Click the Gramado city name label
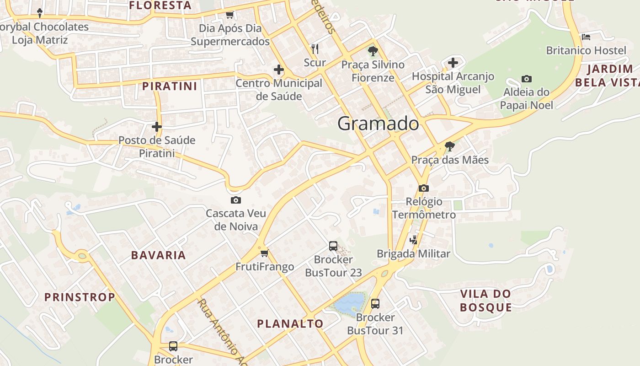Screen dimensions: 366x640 [378, 124]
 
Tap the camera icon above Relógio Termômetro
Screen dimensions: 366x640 [423, 188]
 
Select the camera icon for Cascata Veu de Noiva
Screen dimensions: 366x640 [236, 200]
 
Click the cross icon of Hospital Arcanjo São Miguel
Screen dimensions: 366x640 [453, 63]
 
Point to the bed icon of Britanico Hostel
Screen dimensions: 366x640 [586, 37]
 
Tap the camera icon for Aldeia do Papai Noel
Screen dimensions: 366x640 [527, 79]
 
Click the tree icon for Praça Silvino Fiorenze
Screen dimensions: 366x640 [373, 51]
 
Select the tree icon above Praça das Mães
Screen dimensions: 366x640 [450, 146]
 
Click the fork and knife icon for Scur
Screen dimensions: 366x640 [315, 49]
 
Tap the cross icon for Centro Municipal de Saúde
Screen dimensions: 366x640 [278, 70]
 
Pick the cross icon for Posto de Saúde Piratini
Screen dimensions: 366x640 [157, 127]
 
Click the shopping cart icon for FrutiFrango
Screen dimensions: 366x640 [264, 253]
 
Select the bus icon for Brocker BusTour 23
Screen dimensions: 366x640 [333, 246]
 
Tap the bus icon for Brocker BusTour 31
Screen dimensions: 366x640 [375, 303]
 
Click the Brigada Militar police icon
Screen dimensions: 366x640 [414, 240]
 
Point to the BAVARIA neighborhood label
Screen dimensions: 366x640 [159, 255]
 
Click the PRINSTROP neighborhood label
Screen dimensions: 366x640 [80, 297]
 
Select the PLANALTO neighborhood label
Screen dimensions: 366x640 [290, 324]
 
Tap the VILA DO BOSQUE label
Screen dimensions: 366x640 [485, 301]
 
